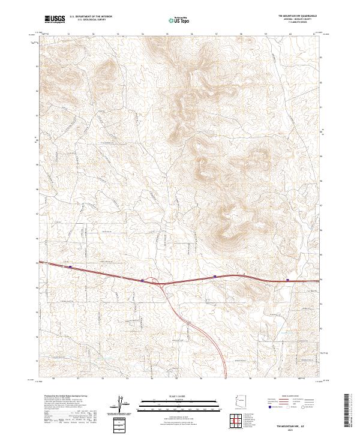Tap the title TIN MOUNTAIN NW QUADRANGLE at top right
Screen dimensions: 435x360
298,15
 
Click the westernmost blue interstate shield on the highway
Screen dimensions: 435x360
71,267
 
